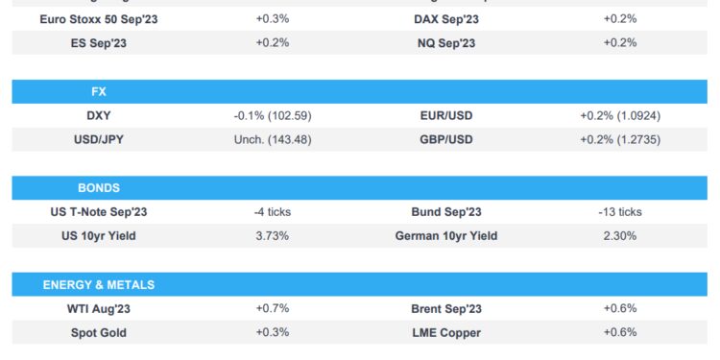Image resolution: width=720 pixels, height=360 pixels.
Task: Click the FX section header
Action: tap(98, 92)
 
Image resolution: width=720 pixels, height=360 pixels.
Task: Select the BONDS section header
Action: tap(98, 187)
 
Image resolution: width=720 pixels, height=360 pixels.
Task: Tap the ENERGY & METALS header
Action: tap(98, 284)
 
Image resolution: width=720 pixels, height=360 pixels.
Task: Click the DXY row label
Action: tap(98, 115)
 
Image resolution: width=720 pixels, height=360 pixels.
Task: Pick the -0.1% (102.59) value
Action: tap(272, 115)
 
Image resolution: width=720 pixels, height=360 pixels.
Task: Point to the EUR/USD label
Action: tap(445, 115)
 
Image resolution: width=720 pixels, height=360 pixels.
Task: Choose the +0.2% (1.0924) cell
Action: tap(619, 115)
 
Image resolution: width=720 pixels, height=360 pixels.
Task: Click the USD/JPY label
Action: tap(98, 139)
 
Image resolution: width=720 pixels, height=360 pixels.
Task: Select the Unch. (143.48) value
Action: tap(272, 139)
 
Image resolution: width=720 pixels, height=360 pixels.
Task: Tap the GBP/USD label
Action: tap(445, 139)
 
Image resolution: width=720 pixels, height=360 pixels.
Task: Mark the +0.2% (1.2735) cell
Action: tap(619, 139)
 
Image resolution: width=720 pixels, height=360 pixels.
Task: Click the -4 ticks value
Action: tap(272, 211)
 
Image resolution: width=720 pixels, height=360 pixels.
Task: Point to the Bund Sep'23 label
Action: tap(445, 211)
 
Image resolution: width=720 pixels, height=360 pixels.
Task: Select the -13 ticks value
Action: tap(619, 211)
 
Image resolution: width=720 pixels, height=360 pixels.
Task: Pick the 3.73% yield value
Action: tap(272, 235)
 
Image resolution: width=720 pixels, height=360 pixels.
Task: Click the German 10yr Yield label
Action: tap(445, 235)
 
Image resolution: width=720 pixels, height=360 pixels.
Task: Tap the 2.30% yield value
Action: tap(619, 235)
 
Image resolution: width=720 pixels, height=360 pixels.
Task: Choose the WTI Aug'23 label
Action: tap(98, 308)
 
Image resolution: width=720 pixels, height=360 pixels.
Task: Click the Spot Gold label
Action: tap(98, 332)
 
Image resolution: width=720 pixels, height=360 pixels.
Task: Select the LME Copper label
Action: tap(445, 332)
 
